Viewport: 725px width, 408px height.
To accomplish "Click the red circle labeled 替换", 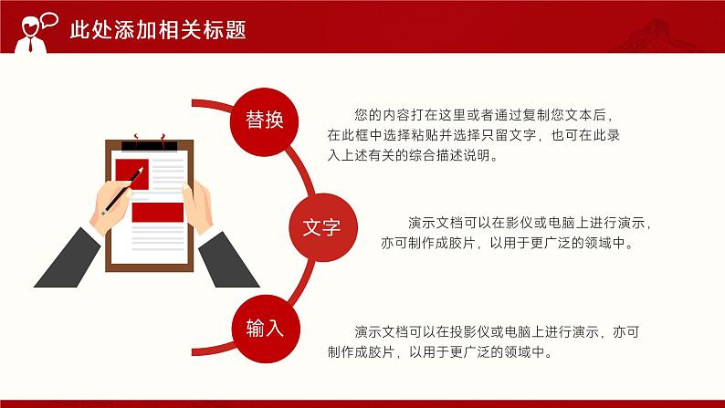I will [265, 120].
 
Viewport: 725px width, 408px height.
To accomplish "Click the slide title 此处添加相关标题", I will [158, 29].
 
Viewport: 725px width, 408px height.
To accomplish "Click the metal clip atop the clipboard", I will [150, 143].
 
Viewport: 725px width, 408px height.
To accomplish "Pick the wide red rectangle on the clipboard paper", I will [158, 212].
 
